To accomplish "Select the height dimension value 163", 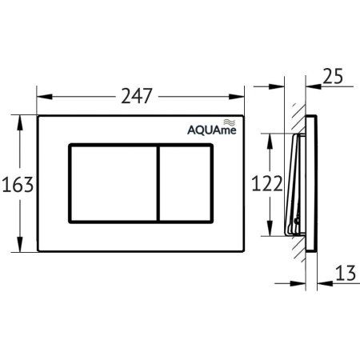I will pyautogui.click(x=18, y=185).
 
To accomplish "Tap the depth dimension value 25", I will pyautogui.click(x=335, y=77).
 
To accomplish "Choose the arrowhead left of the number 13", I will pyautogui.click(x=314, y=282).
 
